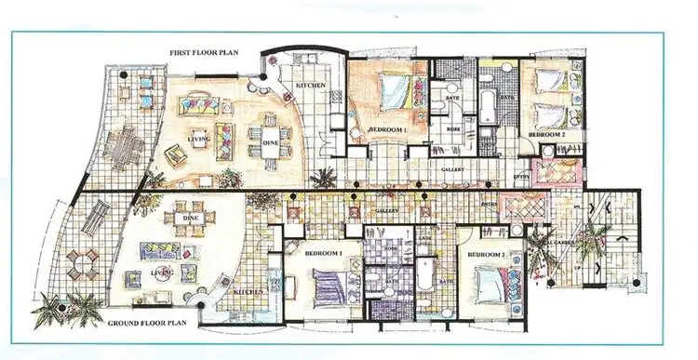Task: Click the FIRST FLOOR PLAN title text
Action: point(206,53)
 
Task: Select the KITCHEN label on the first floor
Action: point(310,86)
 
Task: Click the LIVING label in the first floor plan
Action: point(199,139)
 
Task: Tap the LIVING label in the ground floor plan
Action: point(160,273)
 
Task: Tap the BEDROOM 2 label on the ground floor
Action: point(486,253)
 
